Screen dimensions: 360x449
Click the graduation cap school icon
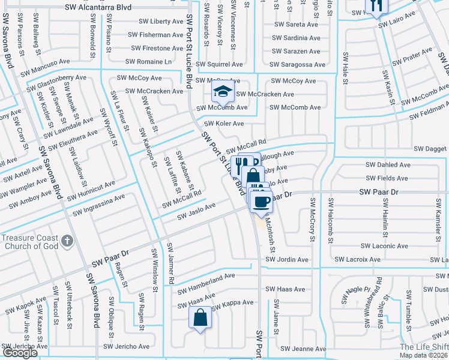(223, 92)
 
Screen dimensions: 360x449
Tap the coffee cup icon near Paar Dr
(261, 202)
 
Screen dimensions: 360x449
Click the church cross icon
(67, 242)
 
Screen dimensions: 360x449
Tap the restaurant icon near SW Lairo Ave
(377, 5)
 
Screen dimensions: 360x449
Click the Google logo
(20, 353)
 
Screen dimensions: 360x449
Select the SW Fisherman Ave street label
(152, 35)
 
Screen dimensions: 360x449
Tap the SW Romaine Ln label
(148, 62)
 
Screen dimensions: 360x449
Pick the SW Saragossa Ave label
(298, 64)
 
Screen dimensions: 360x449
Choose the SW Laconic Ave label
(385, 246)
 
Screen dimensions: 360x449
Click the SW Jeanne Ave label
(303, 349)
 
